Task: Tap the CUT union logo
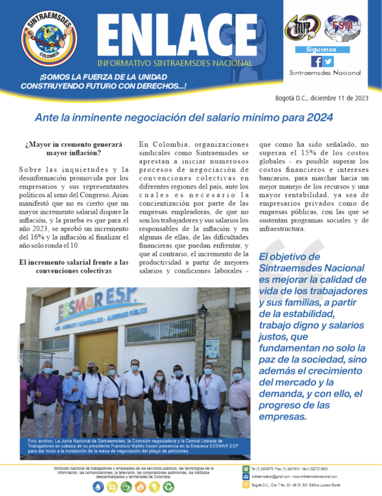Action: pos(303,28)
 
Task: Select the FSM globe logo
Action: pos(343,27)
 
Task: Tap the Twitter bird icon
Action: pos(328,61)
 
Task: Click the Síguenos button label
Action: pos(322,49)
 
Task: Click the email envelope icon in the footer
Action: pos(246,476)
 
